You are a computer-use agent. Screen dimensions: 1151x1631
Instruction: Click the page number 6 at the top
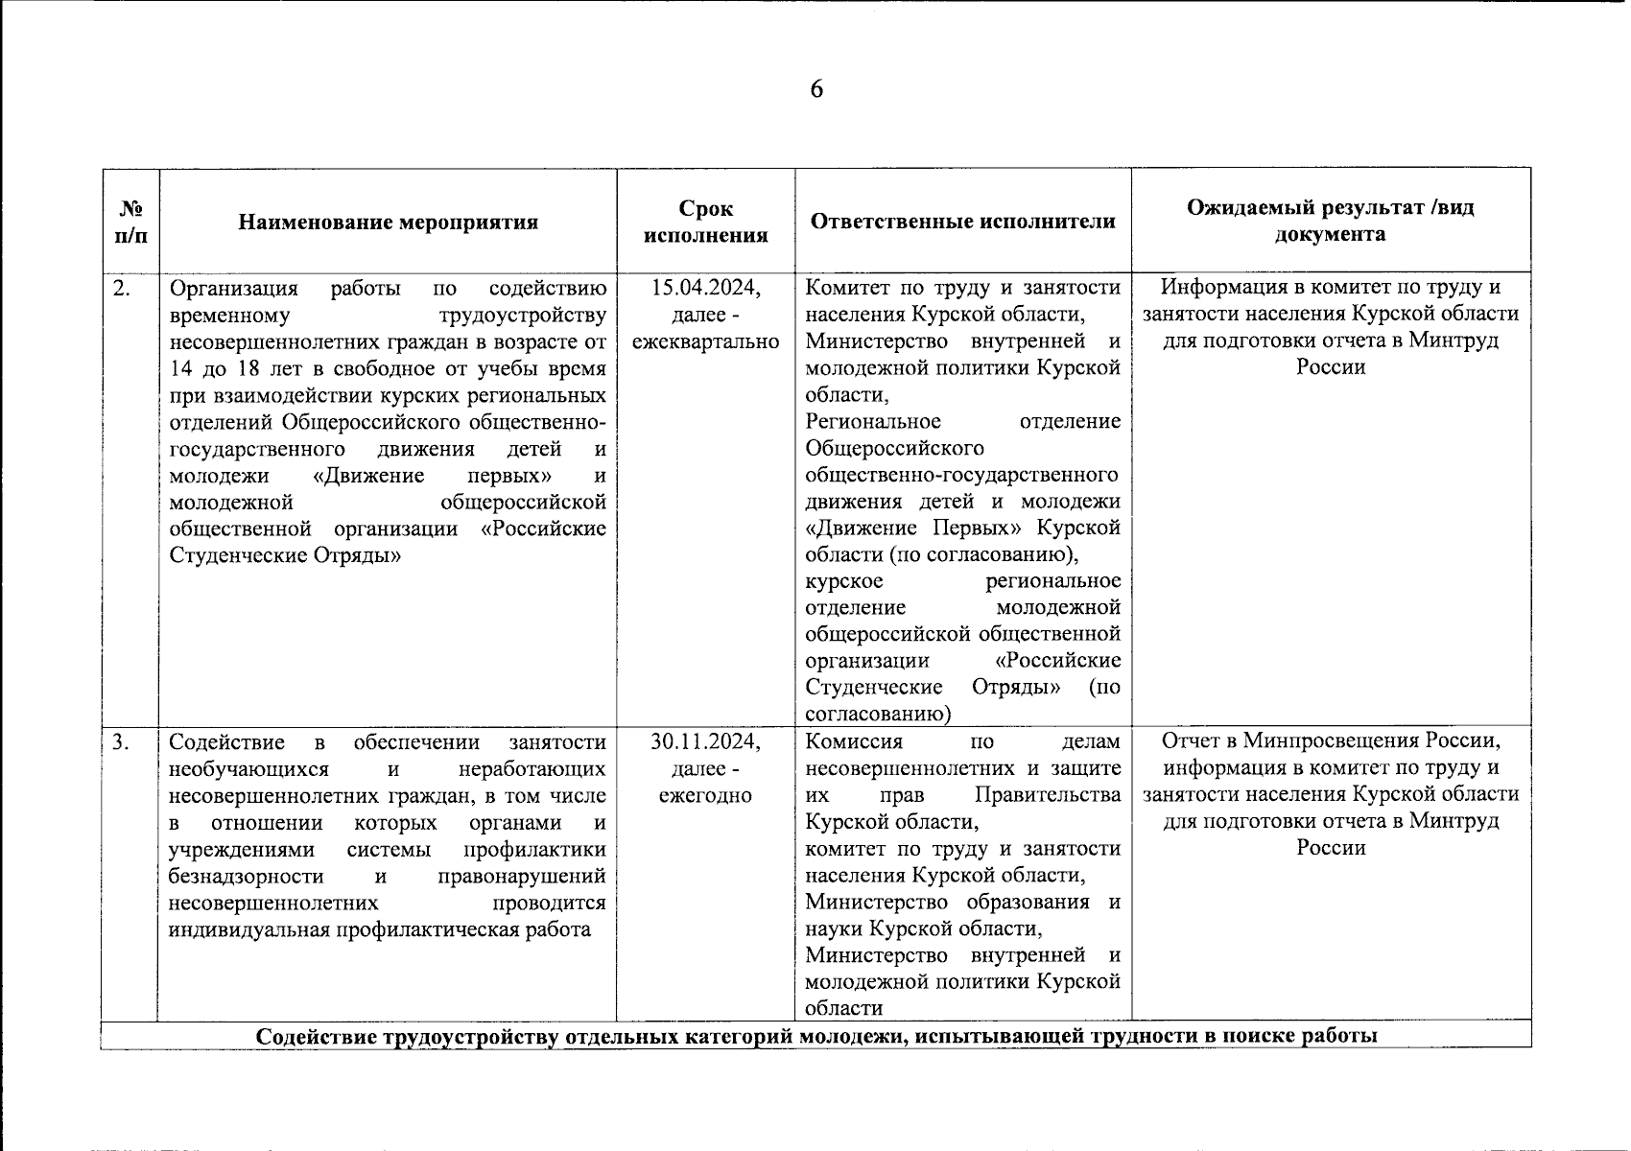(x=816, y=90)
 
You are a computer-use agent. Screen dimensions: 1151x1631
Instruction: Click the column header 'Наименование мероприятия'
(x=388, y=223)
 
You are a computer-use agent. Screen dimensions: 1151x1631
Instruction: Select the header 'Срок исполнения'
(x=705, y=223)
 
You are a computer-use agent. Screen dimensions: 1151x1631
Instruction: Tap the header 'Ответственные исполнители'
(x=962, y=222)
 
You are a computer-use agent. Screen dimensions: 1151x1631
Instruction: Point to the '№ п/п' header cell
(x=130, y=223)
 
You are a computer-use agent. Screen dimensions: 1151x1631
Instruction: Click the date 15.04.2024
(x=705, y=287)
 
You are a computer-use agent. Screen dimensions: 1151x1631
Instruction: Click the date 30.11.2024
(x=705, y=741)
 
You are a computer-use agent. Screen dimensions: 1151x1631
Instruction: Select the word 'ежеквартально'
(x=705, y=341)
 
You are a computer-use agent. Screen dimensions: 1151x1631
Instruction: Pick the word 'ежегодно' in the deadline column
(x=705, y=795)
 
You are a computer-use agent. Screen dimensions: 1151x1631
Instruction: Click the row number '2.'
(x=122, y=287)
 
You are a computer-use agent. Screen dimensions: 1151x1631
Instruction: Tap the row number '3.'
(x=122, y=741)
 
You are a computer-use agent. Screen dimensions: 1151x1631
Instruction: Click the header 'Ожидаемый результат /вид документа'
(x=1330, y=222)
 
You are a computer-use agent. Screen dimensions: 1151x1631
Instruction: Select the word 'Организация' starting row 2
(x=233, y=288)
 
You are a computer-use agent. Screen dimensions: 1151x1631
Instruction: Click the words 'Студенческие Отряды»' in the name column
(x=284, y=556)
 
